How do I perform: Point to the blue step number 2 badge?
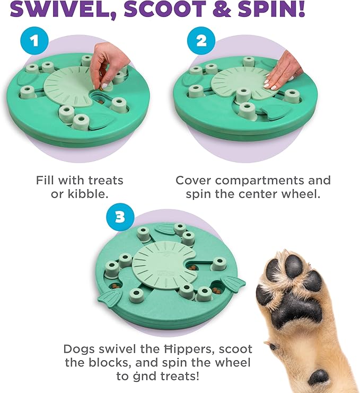point(200,41)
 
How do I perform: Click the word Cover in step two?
point(195,180)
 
